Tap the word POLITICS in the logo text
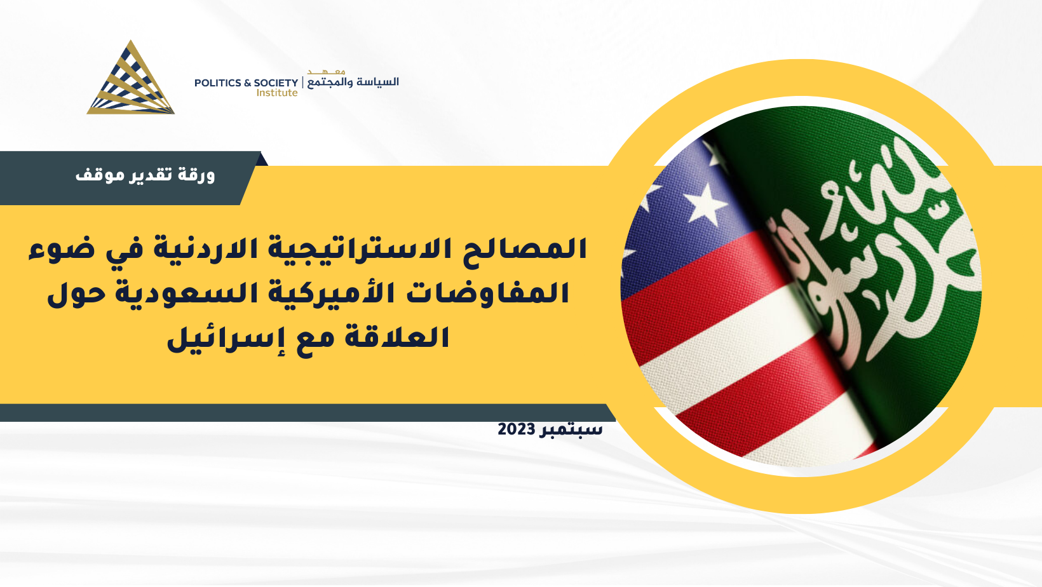tap(218, 83)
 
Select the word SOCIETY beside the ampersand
tap(276, 83)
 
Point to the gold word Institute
tap(277, 93)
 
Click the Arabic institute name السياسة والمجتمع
tap(353, 83)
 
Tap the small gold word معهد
tap(326, 72)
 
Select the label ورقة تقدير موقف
tap(145, 175)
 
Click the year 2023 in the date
tap(517, 429)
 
